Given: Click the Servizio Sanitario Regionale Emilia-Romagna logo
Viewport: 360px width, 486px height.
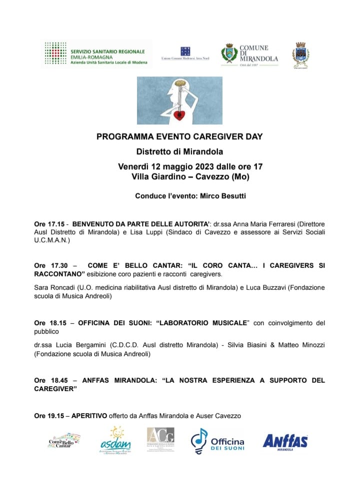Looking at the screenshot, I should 95,55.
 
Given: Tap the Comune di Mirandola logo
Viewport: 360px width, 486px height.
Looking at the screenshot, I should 249,55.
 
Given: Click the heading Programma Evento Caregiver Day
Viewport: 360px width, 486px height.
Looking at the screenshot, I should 179,136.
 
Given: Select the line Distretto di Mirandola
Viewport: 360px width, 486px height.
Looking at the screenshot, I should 179,151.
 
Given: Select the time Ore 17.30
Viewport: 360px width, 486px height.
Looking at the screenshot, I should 49,266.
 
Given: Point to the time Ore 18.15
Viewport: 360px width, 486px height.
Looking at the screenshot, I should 49,323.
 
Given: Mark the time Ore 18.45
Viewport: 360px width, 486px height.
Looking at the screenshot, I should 49,380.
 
